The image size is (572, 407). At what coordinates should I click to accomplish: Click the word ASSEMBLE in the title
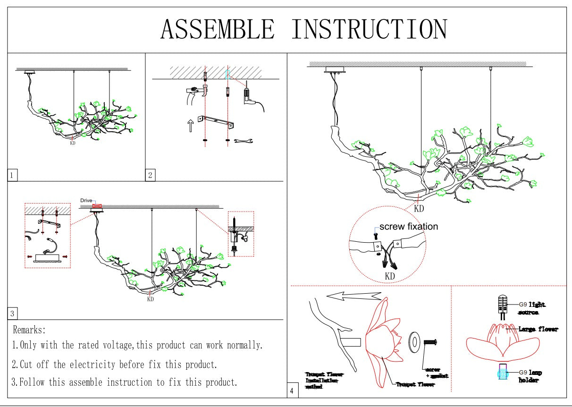217,29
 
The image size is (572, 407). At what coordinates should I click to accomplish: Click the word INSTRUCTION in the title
369,29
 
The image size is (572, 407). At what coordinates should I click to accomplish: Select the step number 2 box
150,175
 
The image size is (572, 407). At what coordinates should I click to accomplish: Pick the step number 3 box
13,314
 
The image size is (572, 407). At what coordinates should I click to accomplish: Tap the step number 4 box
293,391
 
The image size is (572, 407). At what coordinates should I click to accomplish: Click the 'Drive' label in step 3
86,201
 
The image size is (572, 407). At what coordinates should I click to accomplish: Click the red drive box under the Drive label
97,206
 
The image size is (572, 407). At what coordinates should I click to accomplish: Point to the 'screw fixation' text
408,227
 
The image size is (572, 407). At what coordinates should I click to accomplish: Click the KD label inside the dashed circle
390,276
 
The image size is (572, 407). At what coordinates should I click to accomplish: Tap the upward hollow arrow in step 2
191,126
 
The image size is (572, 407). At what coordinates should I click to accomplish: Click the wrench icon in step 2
244,140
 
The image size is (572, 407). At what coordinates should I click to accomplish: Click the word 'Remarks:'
29,330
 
